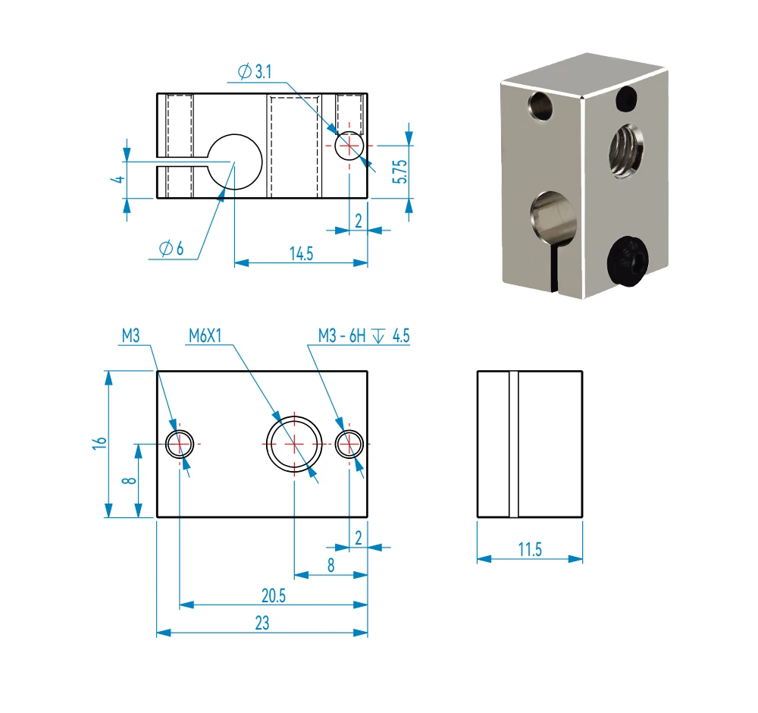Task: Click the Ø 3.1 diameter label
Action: coord(254,72)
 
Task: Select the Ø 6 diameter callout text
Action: coord(172,249)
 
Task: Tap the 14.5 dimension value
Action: coord(301,253)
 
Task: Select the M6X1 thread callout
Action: coord(205,336)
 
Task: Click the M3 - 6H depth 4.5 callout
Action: coord(364,336)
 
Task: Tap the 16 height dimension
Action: coord(98,444)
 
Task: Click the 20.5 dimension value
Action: coord(273,596)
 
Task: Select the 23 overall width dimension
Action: coord(262,623)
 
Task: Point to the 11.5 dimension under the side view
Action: coord(530,550)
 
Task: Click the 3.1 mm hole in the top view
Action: coord(349,144)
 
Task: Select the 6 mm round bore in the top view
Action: coord(234,162)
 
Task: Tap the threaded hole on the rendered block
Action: coord(626,149)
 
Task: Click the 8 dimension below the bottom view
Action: coord(330,565)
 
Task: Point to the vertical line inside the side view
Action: coord(514,444)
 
